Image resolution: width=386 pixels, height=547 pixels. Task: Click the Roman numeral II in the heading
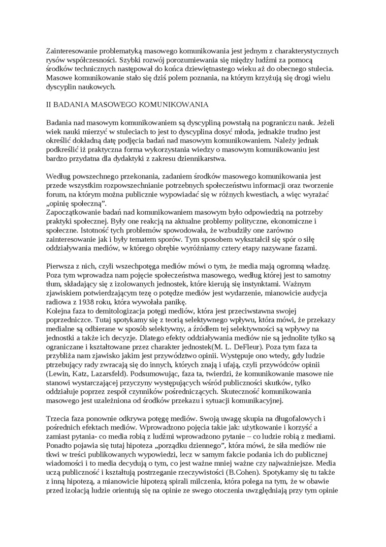pos(49,104)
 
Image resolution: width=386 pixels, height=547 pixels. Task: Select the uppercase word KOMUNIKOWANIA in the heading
pos(171,104)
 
